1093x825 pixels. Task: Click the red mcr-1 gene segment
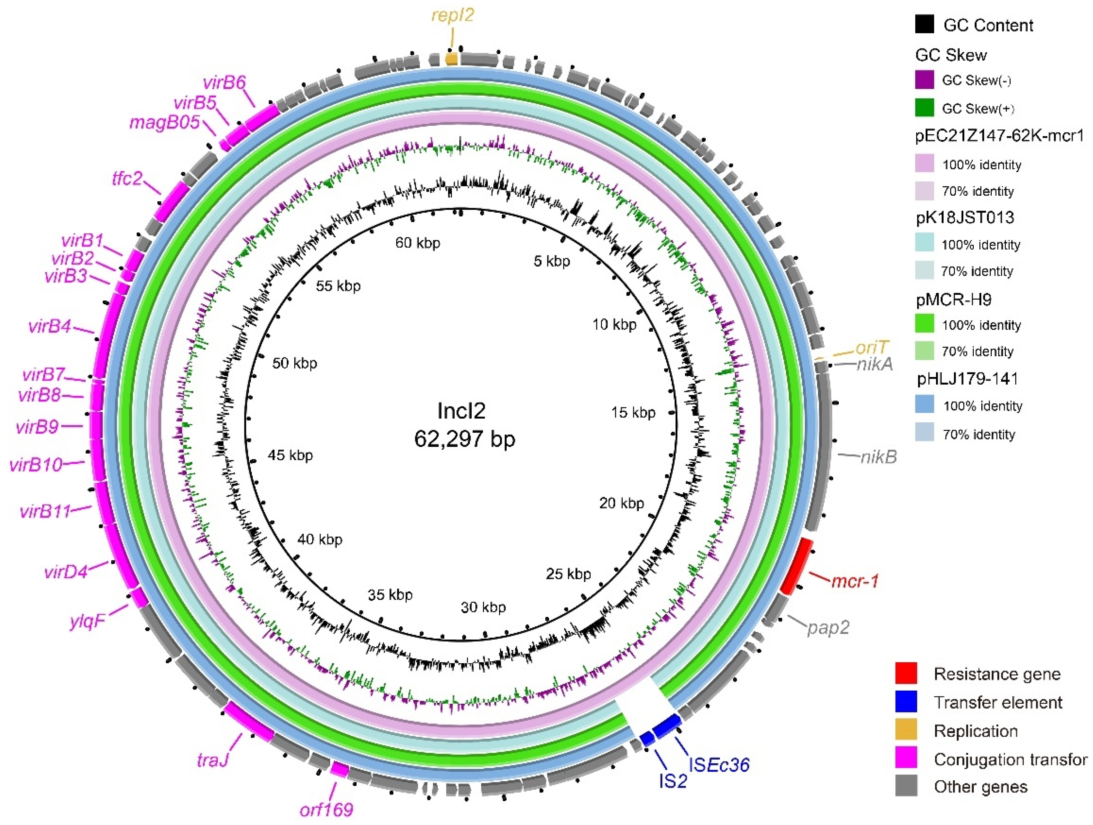pos(797,566)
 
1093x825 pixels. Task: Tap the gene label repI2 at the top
pos(452,15)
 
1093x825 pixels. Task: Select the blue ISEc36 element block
pos(667,726)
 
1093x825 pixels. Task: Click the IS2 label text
pos(673,780)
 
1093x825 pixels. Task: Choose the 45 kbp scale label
pos(290,455)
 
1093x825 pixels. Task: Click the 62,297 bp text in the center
pos(464,439)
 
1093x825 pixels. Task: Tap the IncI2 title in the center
pos(461,411)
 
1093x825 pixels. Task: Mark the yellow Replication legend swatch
pos(906,730)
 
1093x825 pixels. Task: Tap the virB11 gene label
pos(45,511)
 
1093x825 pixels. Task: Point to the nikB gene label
pos(878,457)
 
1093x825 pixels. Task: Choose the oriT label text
pos(872,348)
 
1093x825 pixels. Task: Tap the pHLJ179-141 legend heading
pos(967,379)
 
